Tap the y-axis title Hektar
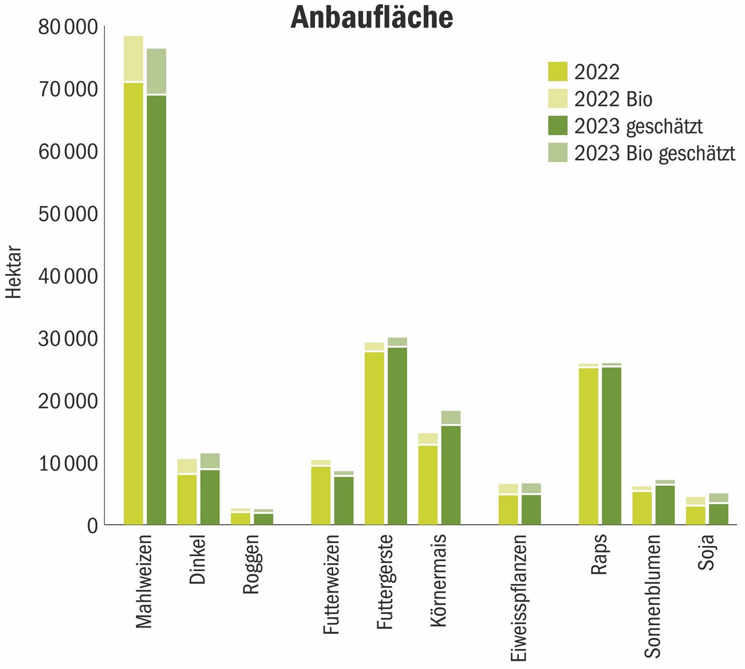(x=14, y=272)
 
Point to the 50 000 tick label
(x=68, y=214)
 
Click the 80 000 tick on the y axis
(x=68, y=27)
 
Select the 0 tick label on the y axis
(x=93, y=526)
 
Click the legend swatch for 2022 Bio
(x=558, y=99)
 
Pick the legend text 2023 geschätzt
(x=639, y=126)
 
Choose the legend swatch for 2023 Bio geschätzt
(x=558, y=153)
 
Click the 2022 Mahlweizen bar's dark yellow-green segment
(x=134, y=303)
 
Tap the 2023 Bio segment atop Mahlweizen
(x=156, y=71)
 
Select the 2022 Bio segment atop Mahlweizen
(x=134, y=59)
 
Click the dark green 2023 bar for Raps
(x=611, y=446)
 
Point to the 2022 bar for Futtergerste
(x=375, y=438)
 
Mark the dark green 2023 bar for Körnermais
(x=451, y=475)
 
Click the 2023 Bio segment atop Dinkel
(x=210, y=460)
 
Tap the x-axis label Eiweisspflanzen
(x=518, y=598)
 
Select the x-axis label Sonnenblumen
(x=652, y=596)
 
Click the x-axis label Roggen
(x=251, y=564)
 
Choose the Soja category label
(x=706, y=552)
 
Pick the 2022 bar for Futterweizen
(x=321, y=495)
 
